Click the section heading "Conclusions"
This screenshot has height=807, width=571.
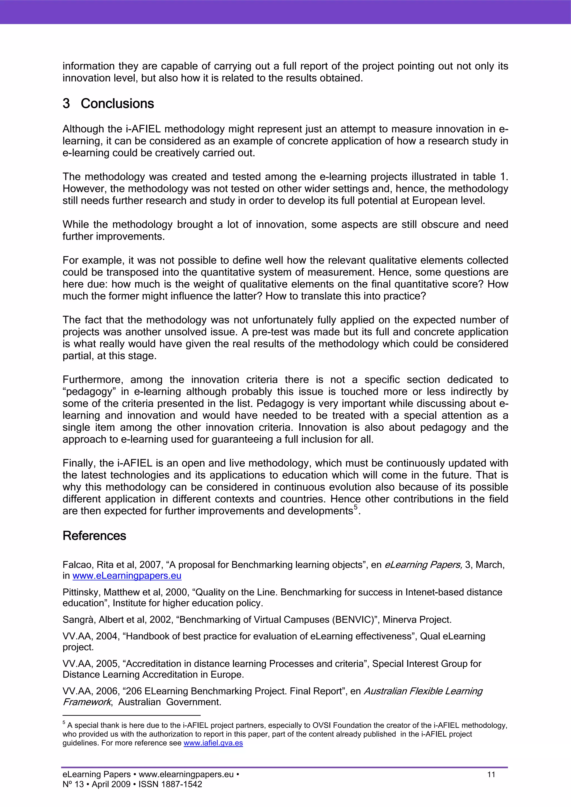click(x=117, y=104)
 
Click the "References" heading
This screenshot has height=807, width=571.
click(x=94, y=536)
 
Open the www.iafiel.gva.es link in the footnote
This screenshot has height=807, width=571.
click(x=213, y=743)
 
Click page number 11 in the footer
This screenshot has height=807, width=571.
click(x=491, y=774)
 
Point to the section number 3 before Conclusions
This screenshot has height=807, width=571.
click(x=66, y=104)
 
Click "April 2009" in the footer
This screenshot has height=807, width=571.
click(x=111, y=784)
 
